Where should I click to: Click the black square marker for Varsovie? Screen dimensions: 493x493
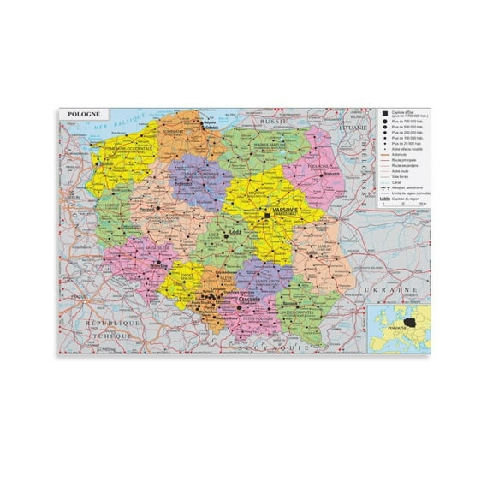point(268,214)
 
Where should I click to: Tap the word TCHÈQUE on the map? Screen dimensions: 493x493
point(110,336)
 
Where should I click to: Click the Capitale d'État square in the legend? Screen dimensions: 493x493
point(384,114)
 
